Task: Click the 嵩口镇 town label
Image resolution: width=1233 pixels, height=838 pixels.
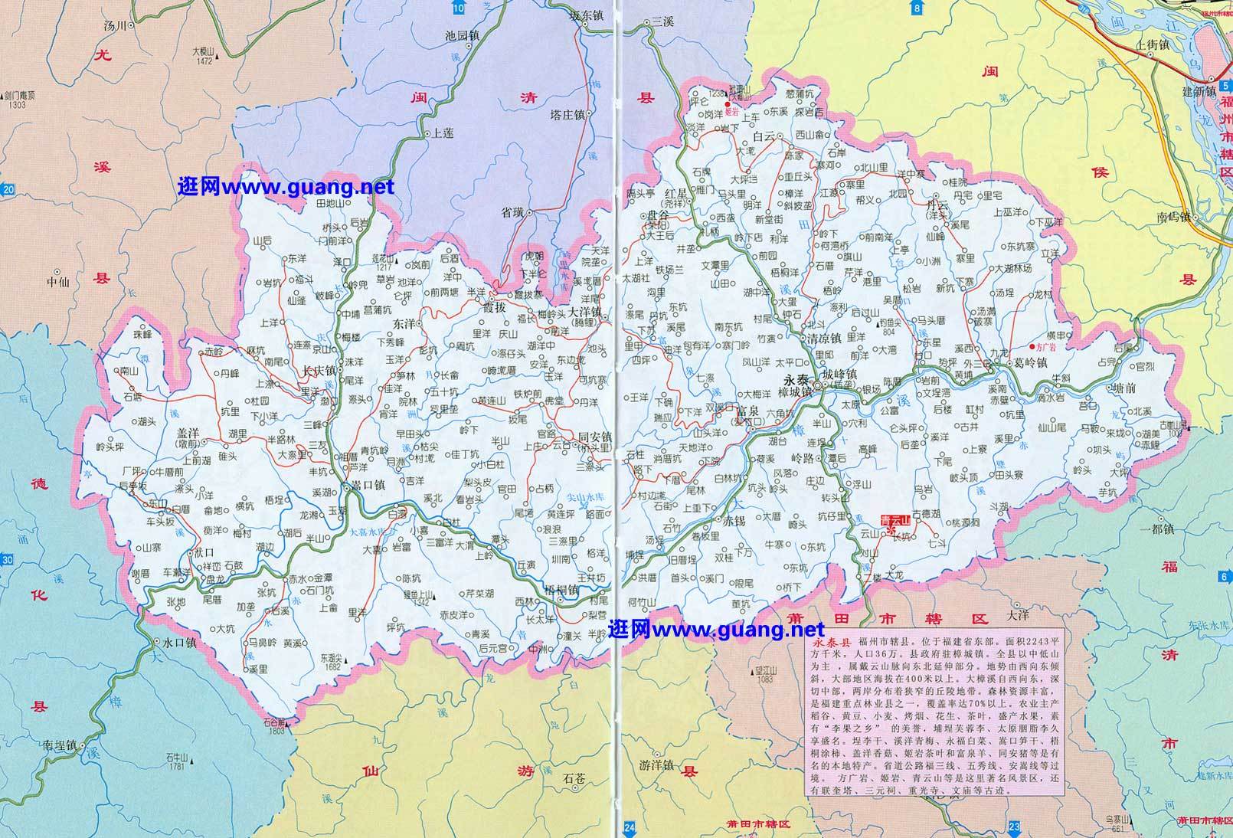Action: (x=367, y=485)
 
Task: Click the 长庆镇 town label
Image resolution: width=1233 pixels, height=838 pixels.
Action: (x=319, y=370)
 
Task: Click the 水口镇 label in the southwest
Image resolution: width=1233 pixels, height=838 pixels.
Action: (x=179, y=643)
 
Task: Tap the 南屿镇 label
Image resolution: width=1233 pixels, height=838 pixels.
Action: (x=1171, y=217)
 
